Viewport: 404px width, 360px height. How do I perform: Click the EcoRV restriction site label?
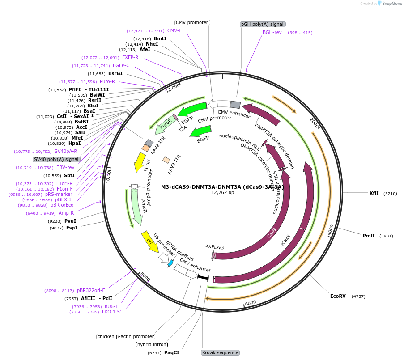click(338, 296)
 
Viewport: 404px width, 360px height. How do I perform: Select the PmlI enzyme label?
click(369, 236)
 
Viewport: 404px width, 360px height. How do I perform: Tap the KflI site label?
click(374, 193)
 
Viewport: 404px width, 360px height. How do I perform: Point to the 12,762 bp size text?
click(222, 193)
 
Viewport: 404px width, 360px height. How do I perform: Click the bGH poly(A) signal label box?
click(263, 24)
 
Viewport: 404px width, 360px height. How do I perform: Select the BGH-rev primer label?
click(272, 33)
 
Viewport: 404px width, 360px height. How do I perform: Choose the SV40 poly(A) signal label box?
click(56, 159)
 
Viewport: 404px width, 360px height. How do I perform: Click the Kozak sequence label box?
click(220, 352)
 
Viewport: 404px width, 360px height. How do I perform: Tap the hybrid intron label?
click(152, 344)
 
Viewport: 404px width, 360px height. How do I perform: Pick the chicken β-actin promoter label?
click(126, 336)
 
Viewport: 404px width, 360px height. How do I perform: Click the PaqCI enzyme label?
click(171, 352)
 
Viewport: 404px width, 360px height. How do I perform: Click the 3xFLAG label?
click(215, 246)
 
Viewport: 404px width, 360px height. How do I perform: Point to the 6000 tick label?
click(251, 302)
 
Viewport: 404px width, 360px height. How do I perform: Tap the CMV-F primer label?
click(174, 30)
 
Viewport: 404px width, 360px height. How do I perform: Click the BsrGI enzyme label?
click(115, 73)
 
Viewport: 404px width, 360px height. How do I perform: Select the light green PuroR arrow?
click(165, 127)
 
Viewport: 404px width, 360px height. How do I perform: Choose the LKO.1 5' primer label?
click(111, 312)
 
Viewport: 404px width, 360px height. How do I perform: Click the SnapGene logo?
click(387, 4)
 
